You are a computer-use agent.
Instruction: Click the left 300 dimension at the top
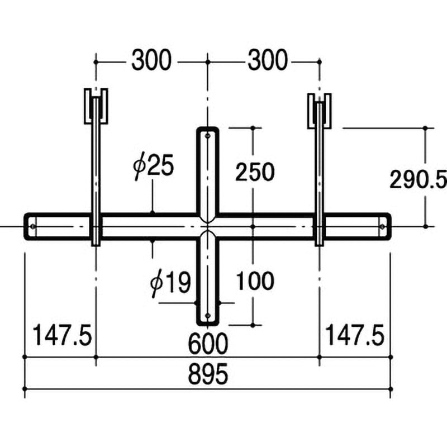coord(151,60)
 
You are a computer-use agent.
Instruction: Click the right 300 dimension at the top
coord(268,60)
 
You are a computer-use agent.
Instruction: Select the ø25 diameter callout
coord(153,167)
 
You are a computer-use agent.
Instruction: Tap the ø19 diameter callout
coord(170,283)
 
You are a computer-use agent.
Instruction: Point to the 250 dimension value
coord(255,172)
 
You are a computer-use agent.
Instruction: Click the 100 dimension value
coord(255,281)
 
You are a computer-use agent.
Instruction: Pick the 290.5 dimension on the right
coord(418,179)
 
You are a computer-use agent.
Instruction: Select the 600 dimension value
coord(208,344)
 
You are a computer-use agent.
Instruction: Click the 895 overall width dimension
coord(208,374)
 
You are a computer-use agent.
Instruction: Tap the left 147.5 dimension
coord(62,335)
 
